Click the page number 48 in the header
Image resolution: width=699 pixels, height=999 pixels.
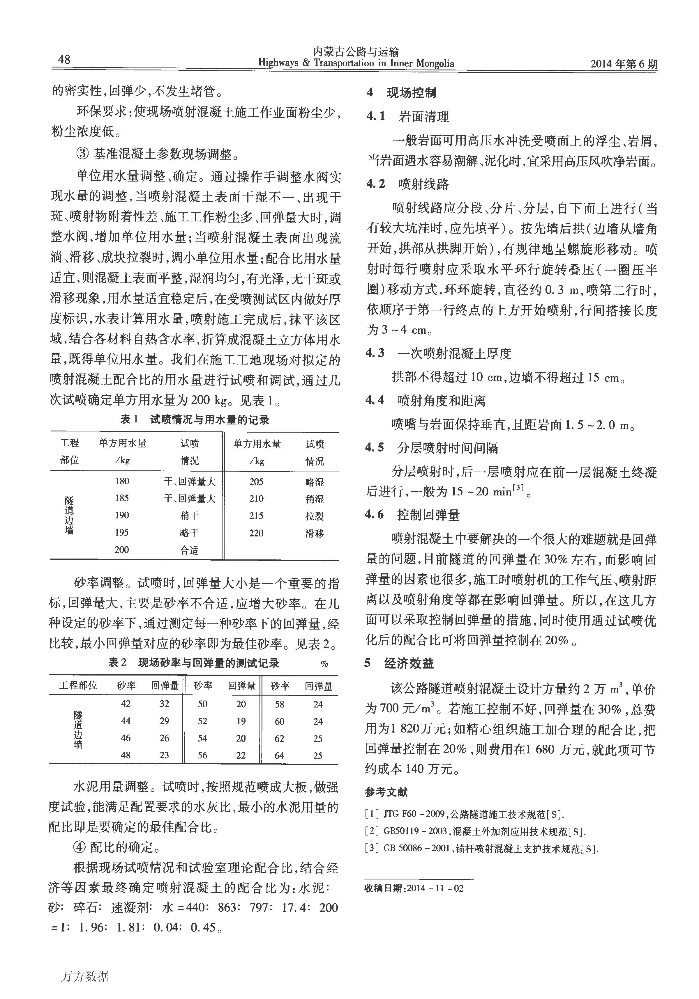click(x=63, y=60)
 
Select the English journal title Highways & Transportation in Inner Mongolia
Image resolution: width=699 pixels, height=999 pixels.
click(x=356, y=63)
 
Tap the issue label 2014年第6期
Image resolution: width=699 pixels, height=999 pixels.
click(x=624, y=64)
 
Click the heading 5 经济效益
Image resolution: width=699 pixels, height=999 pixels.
click(x=399, y=663)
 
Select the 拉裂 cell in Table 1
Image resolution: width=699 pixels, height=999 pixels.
click(x=315, y=516)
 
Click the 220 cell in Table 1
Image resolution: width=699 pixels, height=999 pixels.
click(x=256, y=533)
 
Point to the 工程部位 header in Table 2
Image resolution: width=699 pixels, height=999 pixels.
click(x=78, y=686)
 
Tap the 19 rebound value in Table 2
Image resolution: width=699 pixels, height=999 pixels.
click(x=241, y=721)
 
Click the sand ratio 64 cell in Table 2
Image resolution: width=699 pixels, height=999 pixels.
click(x=279, y=755)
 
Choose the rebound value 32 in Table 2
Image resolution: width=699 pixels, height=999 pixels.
click(x=164, y=703)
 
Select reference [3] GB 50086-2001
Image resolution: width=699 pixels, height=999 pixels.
click(x=481, y=849)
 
